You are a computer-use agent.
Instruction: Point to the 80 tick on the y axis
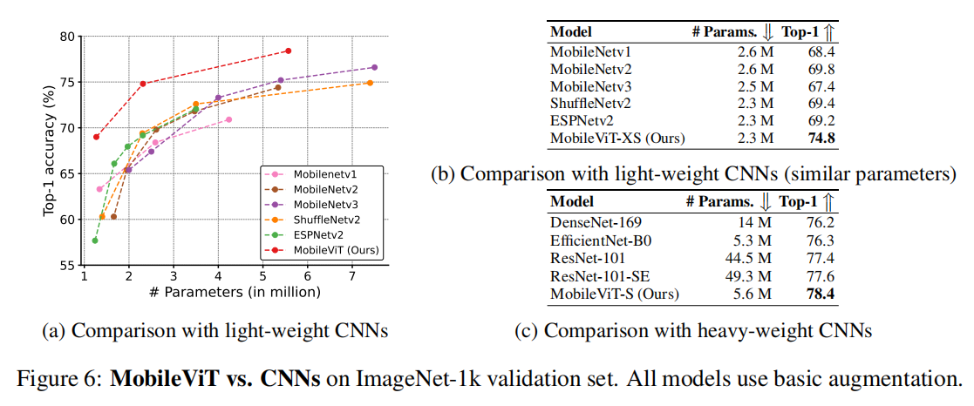pyautogui.click(x=67, y=37)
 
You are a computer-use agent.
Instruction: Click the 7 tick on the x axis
pyautogui.click(x=351, y=276)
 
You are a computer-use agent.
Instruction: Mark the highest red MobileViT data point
pyautogui.click(x=289, y=51)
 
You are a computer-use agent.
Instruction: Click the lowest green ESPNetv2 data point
pyautogui.click(x=94, y=240)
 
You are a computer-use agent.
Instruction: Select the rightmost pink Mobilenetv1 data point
pyautogui.click(x=228, y=119)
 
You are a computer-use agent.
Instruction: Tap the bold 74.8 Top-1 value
pyautogui.click(x=821, y=138)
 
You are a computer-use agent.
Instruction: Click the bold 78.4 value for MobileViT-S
pyautogui.click(x=821, y=294)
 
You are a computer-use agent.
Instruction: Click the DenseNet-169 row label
pyautogui.click(x=594, y=225)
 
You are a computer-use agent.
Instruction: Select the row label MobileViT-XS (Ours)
pyautogui.click(x=616, y=138)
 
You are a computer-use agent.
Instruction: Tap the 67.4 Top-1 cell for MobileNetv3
pyautogui.click(x=821, y=85)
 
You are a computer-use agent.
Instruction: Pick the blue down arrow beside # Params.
pyautogui.click(x=766, y=202)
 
